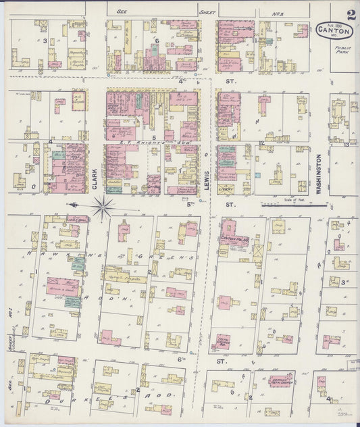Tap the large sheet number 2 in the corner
coord(351,14)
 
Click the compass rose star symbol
coord(103,207)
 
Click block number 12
coord(261,143)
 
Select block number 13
coord(346,144)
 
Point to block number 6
coord(156,41)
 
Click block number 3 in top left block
coord(45,41)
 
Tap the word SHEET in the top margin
coord(207,11)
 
